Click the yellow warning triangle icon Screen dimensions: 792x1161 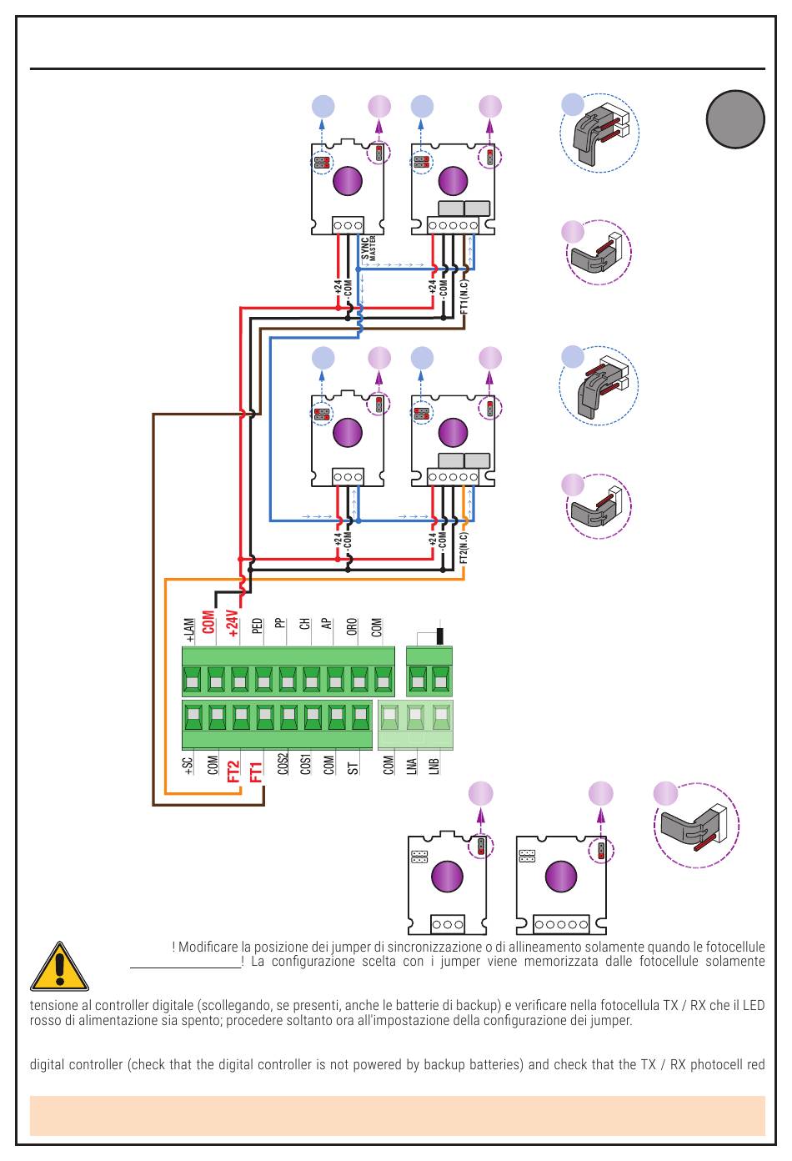pyautogui.click(x=59, y=966)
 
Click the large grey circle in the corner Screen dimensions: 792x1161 pyautogui.click(x=735, y=119)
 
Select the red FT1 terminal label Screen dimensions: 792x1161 pyautogui.click(x=256, y=771)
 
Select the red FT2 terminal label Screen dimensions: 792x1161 pyautogui.click(x=233, y=771)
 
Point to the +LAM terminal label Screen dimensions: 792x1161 pyautogui.click(x=189, y=630)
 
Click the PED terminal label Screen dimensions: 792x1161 pyautogui.click(x=257, y=626)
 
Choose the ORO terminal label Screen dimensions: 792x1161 pyautogui.click(x=352, y=626)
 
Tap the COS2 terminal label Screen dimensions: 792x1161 pyautogui.click(x=283, y=764)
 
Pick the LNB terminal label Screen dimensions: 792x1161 pyautogui.click(x=434, y=766)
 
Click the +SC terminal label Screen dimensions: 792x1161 pyautogui.click(x=188, y=766)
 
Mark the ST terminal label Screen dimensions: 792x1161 pyautogui.click(x=353, y=768)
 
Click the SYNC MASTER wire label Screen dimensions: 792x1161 pyautogui.click(x=368, y=249)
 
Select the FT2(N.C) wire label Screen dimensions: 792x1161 pyautogui.click(x=464, y=548)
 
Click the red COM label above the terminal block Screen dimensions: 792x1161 pyautogui.click(x=208, y=622)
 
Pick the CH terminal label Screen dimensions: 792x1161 pyautogui.click(x=304, y=624)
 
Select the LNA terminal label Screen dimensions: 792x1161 pyautogui.click(x=411, y=766)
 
